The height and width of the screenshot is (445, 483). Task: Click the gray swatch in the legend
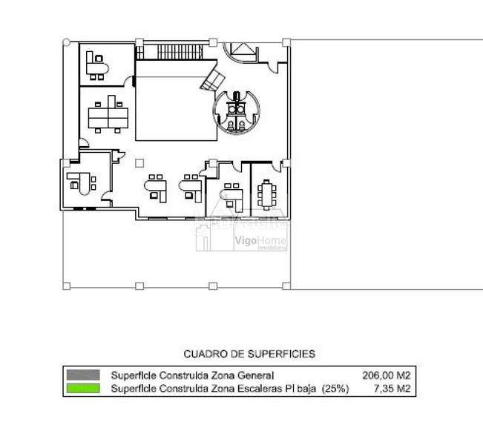(x=82, y=375)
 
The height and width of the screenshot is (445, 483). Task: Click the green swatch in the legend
(x=82, y=388)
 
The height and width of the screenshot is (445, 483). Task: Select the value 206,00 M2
(x=387, y=375)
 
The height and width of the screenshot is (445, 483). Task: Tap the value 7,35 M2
(x=391, y=388)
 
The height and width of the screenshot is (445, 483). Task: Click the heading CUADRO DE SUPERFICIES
(x=249, y=355)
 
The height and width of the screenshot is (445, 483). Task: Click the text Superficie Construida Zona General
(x=192, y=375)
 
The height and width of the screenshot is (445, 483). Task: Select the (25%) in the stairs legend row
(x=335, y=388)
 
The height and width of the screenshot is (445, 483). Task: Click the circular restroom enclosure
(x=236, y=111)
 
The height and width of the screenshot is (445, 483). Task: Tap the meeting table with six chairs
(x=266, y=194)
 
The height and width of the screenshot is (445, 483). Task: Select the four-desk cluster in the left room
(x=108, y=114)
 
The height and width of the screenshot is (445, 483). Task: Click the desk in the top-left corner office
(x=96, y=65)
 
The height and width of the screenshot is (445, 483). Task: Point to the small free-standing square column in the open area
(x=139, y=162)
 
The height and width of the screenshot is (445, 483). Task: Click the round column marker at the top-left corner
(x=67, y=42)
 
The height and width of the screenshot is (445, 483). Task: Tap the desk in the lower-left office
(x=79, y=181)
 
